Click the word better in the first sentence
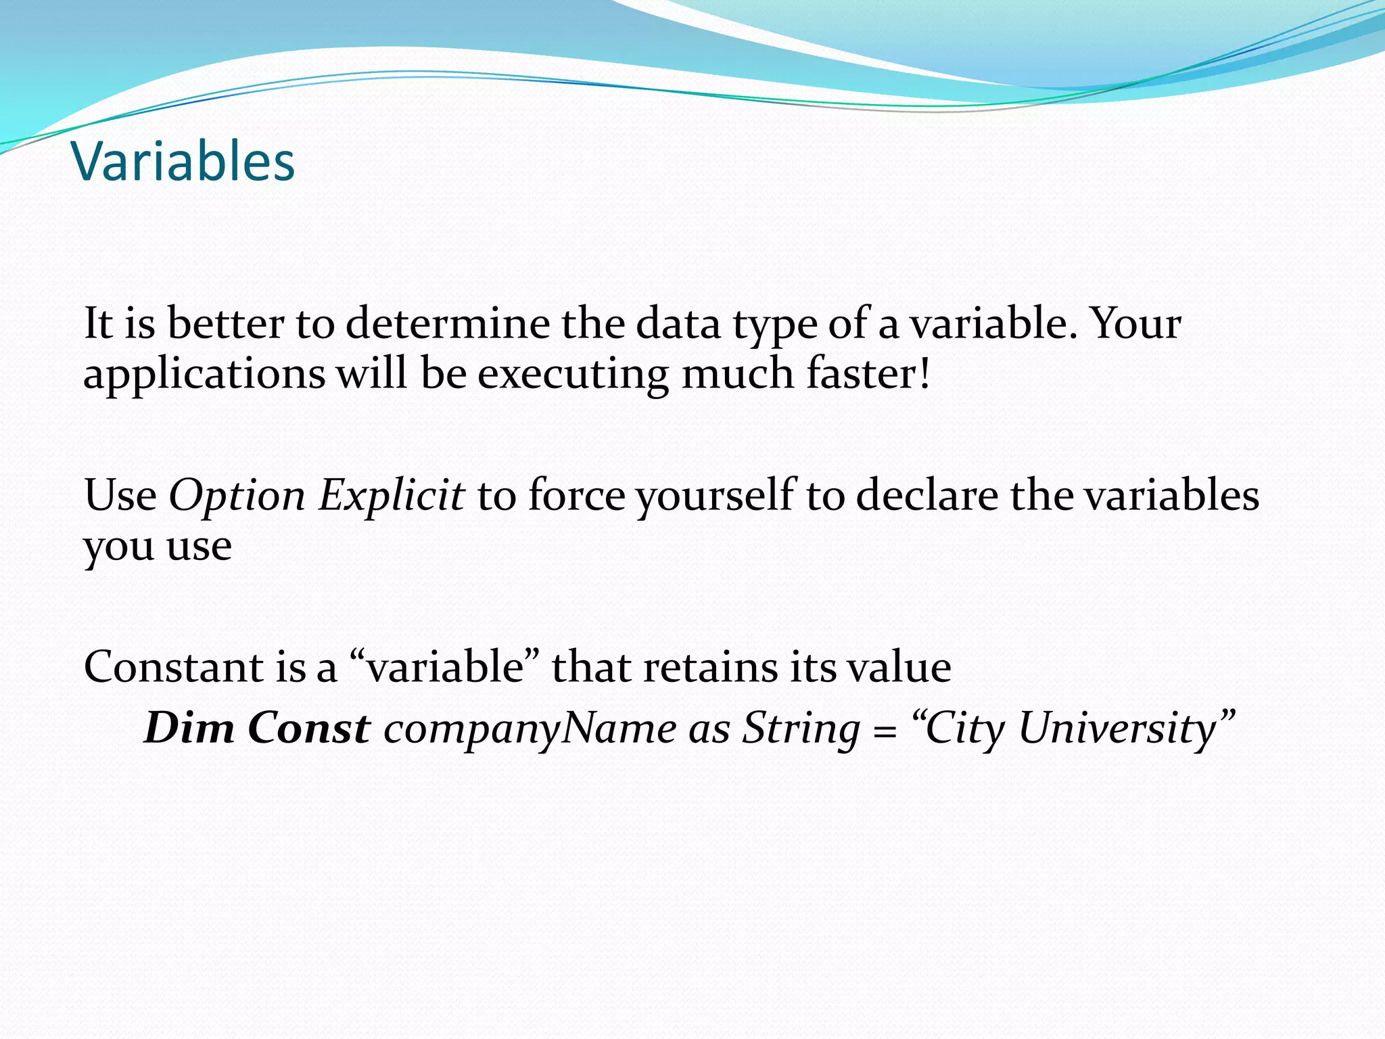[225, 323]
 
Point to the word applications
[204, 374]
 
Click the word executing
[573, 374]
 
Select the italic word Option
[237, 496]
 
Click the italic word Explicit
[391, 496]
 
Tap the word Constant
[173, 667]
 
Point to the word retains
[710, 667]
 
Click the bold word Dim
[189, 729]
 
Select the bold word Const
[309, 729]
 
